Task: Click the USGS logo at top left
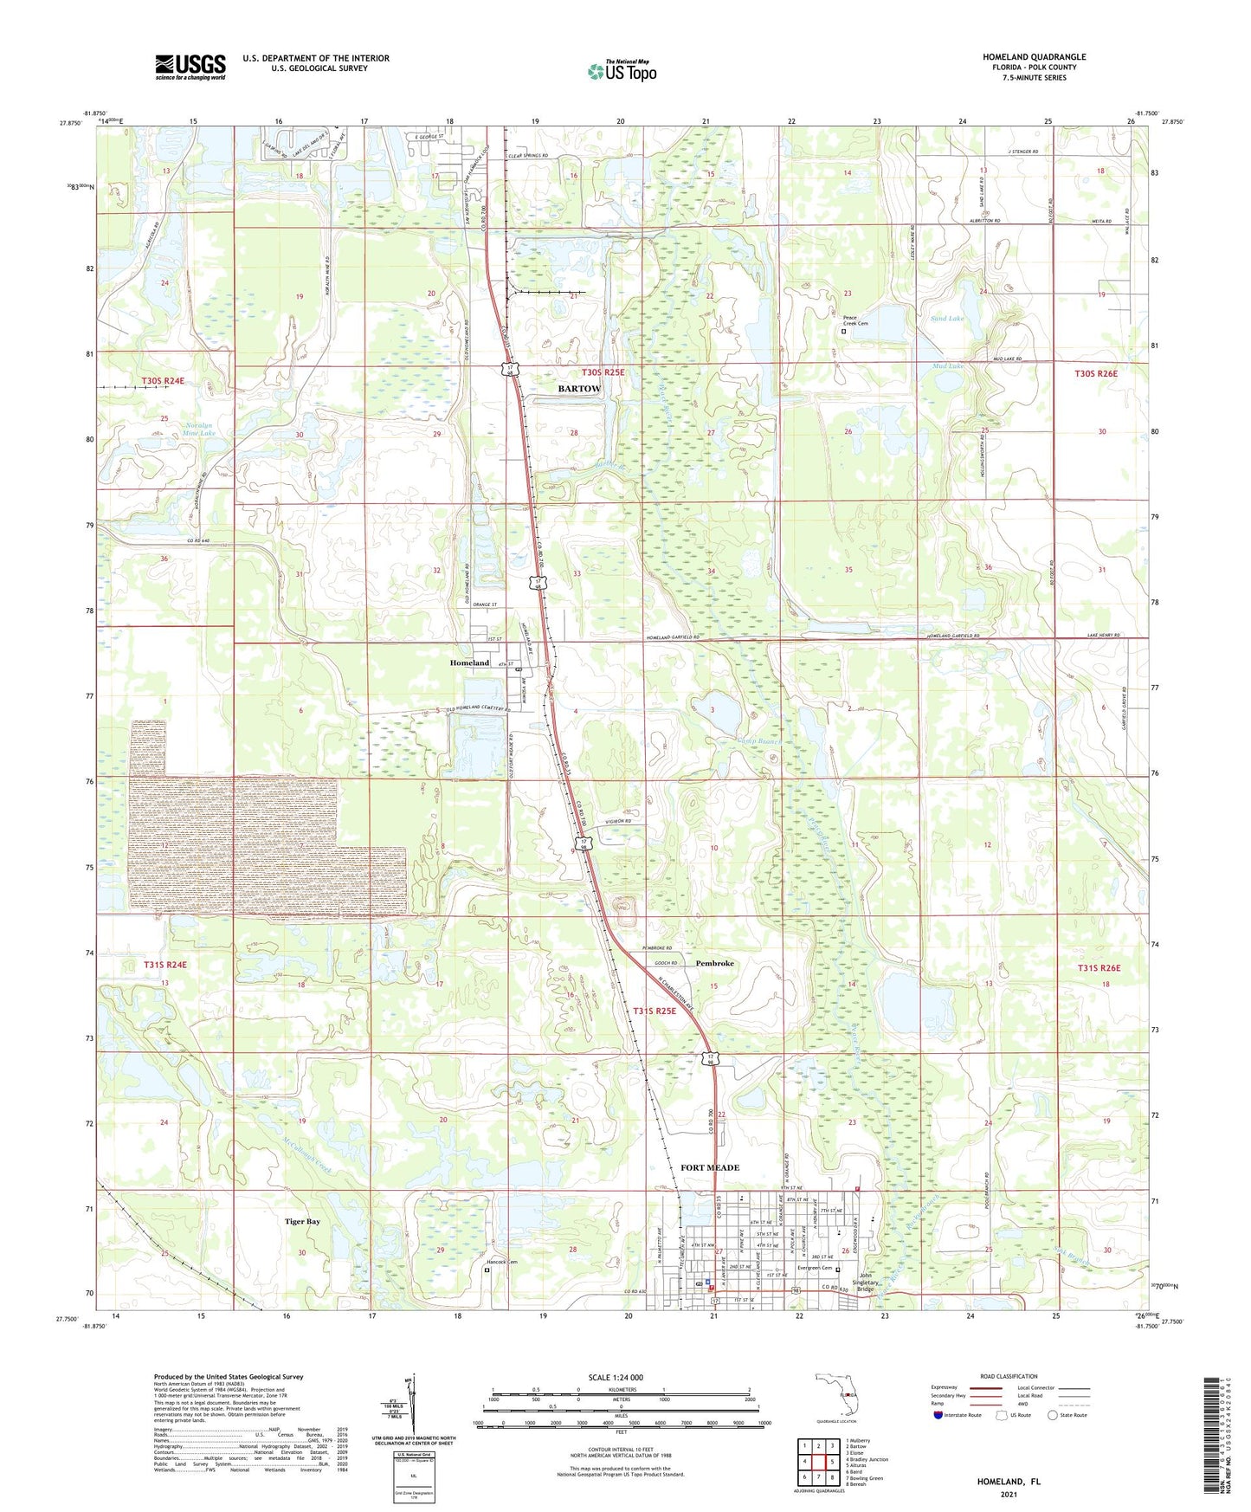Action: (x=190, y=67)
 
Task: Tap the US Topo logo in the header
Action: (x=622, y=71)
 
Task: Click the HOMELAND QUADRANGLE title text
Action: (x=1034, y=57)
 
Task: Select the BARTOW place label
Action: (x=578, y=389)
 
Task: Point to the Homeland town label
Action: (x=469, y=662)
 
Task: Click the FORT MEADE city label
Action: (x=710, y=1167)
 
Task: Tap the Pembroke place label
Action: (x=714, y=963)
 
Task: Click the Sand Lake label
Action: (x=948, y=319)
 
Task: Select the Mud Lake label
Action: (x=948, y=366)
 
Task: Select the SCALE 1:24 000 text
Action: (x=615, y=1377)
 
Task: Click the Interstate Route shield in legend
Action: (x=938, y=1415)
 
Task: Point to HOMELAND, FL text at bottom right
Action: (x=1009, y=1482)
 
